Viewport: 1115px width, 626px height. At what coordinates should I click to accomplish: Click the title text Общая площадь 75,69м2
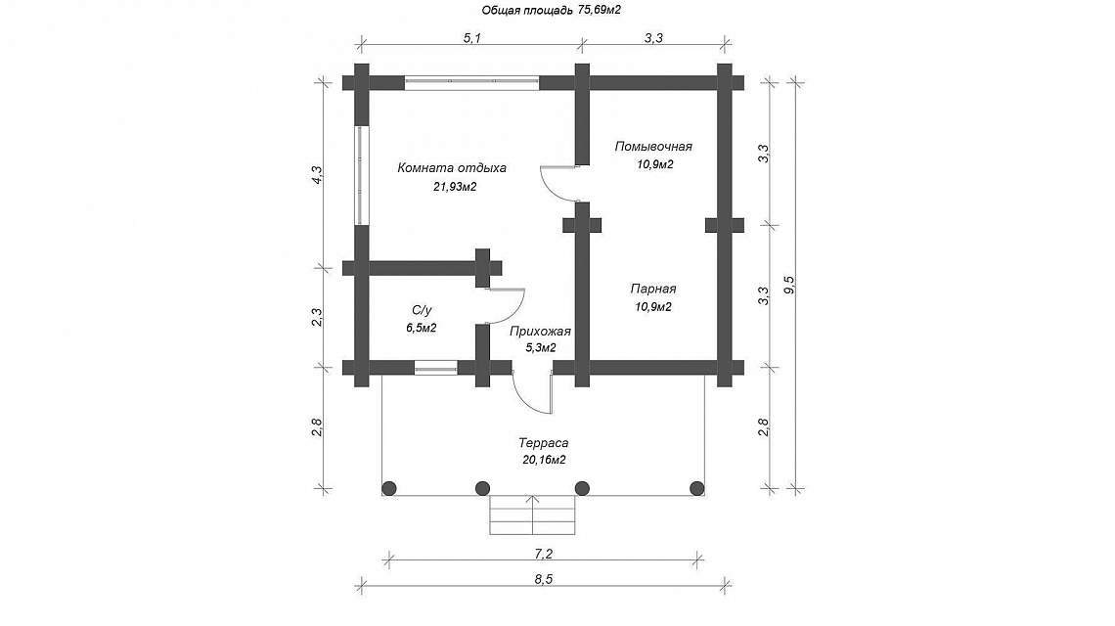(552, 10)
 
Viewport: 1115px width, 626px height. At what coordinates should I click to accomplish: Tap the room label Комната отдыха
(452, 168)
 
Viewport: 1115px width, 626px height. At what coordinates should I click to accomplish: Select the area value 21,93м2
(455, 187)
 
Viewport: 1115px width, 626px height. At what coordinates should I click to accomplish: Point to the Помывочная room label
(653, 147)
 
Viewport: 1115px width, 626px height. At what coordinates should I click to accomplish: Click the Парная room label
(652, 289)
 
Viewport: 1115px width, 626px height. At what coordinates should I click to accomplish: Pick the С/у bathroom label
(421, 310)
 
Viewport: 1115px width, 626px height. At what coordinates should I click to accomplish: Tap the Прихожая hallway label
(540, 332)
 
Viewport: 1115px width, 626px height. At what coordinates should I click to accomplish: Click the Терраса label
(543, 443)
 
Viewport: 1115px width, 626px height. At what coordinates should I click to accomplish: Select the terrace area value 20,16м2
(544, 461)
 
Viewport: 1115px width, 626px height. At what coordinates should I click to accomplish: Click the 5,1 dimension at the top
(472, 38)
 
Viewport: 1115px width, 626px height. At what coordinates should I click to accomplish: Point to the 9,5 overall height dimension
(788, 285)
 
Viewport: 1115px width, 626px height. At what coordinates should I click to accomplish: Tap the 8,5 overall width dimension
(543, 579)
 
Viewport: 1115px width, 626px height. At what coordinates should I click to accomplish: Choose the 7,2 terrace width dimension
(543, 554)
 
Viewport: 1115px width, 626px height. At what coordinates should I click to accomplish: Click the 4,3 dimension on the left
(317, 175)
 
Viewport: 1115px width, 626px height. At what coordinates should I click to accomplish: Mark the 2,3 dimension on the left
(317, 317)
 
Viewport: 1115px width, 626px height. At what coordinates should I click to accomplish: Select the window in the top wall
(472, 82)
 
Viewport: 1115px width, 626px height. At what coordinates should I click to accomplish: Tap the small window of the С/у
(436, 367)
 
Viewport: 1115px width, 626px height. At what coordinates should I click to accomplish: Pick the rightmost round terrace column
(696, 488)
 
